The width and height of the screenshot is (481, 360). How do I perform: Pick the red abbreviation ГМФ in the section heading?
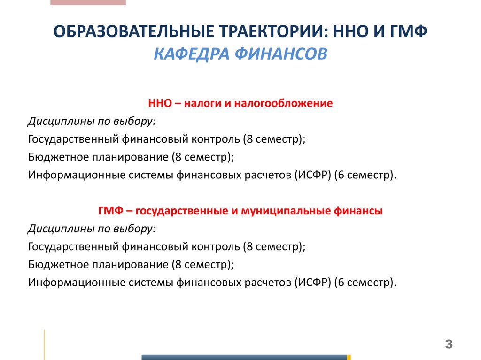110,211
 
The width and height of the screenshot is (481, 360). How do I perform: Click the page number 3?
449,345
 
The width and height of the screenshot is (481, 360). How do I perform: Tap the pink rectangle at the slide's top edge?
88,2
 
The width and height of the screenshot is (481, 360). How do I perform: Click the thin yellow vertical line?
45,345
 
